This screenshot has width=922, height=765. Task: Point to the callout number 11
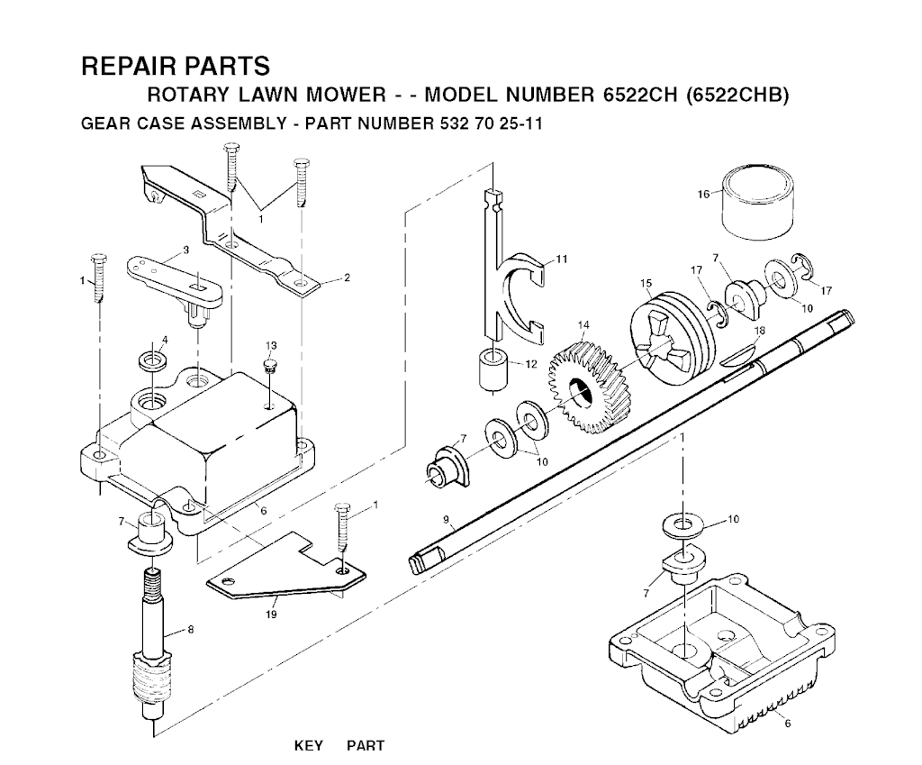[x=562, y=259]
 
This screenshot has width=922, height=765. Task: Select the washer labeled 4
[x=152, y=360]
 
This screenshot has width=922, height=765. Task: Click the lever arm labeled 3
[x=176, y=281]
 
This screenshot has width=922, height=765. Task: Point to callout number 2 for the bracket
[x=347, y=278]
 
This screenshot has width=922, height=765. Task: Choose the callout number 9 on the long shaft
[x=447, y=520]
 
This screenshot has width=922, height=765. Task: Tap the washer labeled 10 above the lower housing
[x=682, y=525]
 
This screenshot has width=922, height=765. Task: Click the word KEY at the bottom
[x=309, y=745]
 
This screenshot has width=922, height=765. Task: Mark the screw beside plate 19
[x=342, y=527]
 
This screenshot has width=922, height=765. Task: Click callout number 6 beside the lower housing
[x=788, y=724]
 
